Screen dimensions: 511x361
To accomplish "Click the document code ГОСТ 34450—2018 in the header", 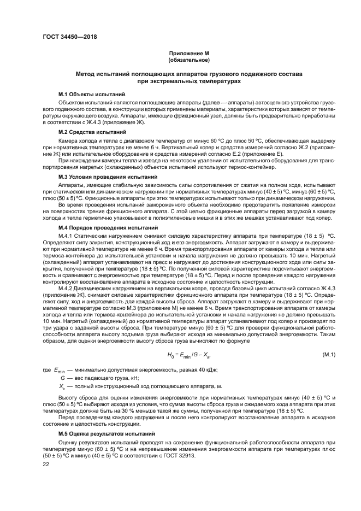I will click(x=66, y=37).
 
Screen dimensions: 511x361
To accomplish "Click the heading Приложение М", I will click(x=189, y=53).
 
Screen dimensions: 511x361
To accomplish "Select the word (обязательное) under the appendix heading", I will click(x=189, y=59).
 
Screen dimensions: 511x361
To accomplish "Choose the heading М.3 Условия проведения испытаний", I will click(x=108, y=178).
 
